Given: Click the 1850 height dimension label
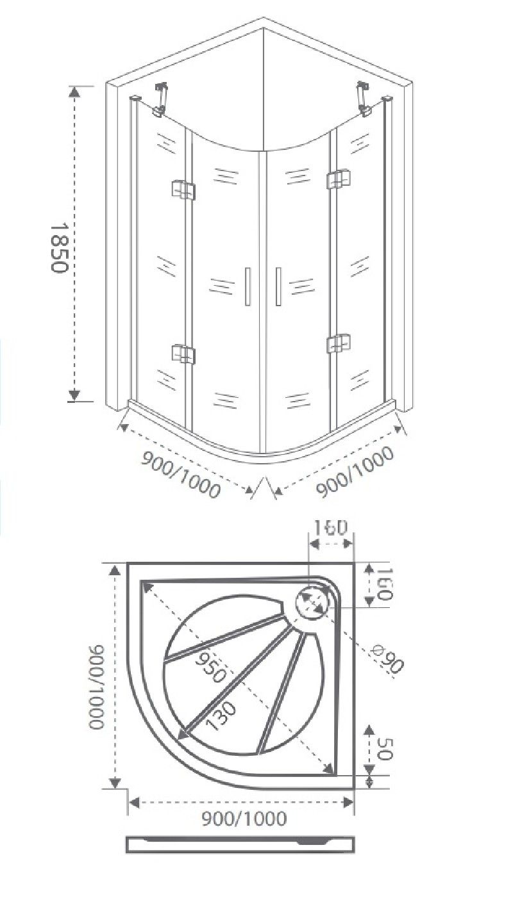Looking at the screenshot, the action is tap(58, 247).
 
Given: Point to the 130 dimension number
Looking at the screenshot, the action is tap(221, 716).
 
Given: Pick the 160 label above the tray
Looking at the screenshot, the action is tap(330, 528).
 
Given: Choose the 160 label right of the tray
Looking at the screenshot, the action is tap(383, 584).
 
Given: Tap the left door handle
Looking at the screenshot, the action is tap(248, 286).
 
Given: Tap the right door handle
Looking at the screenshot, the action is tap(278, 286).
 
